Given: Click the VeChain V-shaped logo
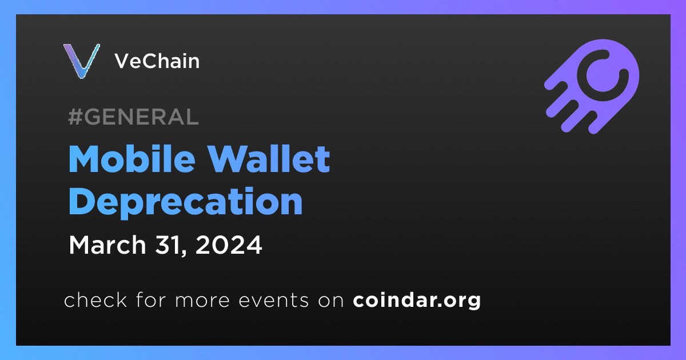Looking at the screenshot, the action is click(81, 61).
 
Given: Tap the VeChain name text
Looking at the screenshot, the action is click(157, 61).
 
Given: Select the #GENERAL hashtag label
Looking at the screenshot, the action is click(133, 117).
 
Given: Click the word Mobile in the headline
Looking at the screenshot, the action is click(132, 159).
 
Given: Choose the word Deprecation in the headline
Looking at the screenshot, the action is click(186, 202).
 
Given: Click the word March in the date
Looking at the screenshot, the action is click(107, 245).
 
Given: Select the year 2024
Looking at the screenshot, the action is click(229, 245).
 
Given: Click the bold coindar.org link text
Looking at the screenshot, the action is click(417, 301).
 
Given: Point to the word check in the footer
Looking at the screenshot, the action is click(95, 299).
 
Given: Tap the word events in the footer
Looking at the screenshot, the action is click(273, 301).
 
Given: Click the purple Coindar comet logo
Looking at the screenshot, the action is click(592, 86).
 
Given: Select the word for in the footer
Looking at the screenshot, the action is click(151, 299).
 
